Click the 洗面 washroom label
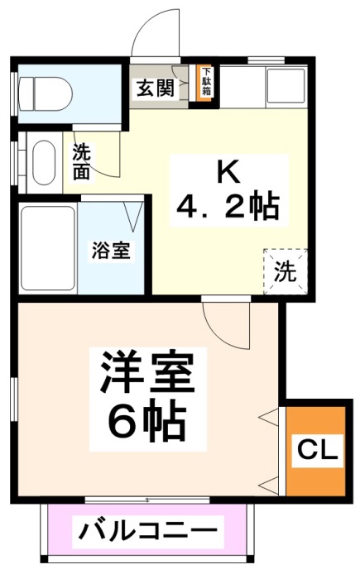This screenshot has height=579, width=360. pyautogui.click(x=81, y=160)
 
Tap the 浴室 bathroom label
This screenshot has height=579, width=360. pyautogui.click(x=110, y=251)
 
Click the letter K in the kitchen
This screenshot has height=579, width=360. pyautogui.click(x=228, y=172)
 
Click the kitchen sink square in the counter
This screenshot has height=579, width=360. pyautogui.click(x=285, y=84)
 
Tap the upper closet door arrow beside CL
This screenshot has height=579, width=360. pyautogui.click(x=269, y=416)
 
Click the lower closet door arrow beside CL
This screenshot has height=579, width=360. pyautogui.click(x=269, y=481)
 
